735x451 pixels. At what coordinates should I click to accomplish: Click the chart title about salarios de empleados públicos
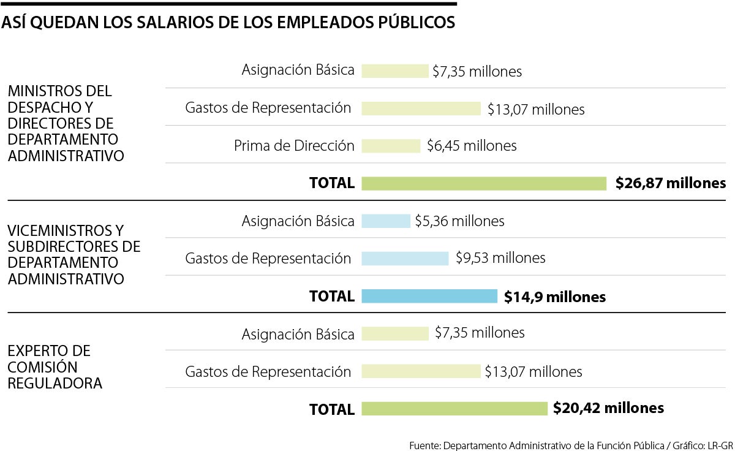point(228,23)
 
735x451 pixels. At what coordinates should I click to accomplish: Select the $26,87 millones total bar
point(484,183)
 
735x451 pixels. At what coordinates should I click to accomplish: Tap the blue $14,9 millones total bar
point(429,297)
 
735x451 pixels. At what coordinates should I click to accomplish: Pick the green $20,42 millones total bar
point(454,409)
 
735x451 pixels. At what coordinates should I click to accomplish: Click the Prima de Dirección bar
point(391,146)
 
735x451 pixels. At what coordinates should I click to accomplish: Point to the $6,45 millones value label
point(470,146)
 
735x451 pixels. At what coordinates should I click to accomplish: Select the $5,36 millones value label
point(459,221)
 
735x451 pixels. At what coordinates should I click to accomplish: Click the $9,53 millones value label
point(500,258)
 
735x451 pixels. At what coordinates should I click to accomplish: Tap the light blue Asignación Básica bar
point(386,221)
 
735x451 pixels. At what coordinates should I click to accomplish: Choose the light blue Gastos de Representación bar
point(405,259)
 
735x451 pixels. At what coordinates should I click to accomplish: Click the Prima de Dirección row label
point(294,146)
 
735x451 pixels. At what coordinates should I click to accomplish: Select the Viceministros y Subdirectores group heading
point(73,254)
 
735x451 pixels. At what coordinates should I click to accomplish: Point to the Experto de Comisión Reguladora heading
point(55,367)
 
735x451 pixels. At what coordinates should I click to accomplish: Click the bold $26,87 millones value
point(671,183)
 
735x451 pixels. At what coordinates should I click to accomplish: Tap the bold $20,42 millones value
point(608,408)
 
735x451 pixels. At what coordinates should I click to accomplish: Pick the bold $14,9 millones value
point(555,297)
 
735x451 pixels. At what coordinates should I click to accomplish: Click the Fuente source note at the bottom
point(571,444)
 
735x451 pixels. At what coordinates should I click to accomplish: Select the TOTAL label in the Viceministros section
point(332,297)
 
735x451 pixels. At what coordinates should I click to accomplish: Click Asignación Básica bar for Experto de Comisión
point(395,334)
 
